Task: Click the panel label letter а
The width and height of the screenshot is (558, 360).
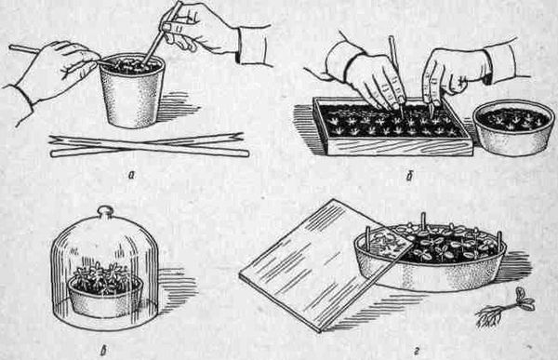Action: (x=132, y=175)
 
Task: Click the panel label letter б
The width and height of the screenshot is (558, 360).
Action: (x=409, y=176)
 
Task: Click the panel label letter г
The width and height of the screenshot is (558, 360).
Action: (x=416, y=353)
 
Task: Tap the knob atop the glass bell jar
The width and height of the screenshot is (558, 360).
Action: (x=105, y=211)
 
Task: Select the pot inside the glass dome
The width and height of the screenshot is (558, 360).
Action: (x=106, y=298)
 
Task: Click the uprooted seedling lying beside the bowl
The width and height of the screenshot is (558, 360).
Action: (x=505, y=308)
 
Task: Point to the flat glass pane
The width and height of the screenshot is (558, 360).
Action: (x=325, y=265)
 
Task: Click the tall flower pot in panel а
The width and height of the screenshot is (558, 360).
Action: (x=132, y=92)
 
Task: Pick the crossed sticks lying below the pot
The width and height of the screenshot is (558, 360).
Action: (x=150, y=145)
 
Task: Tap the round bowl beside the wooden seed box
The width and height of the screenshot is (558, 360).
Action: (x=513, y=127)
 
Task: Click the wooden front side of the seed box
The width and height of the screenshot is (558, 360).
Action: (x=400, y=147)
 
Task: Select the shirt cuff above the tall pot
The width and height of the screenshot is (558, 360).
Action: (x=253, y=46)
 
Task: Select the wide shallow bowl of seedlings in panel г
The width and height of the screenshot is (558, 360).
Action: (x=431, y=257)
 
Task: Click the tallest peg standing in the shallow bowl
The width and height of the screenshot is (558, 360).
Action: (x=423, y=220)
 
